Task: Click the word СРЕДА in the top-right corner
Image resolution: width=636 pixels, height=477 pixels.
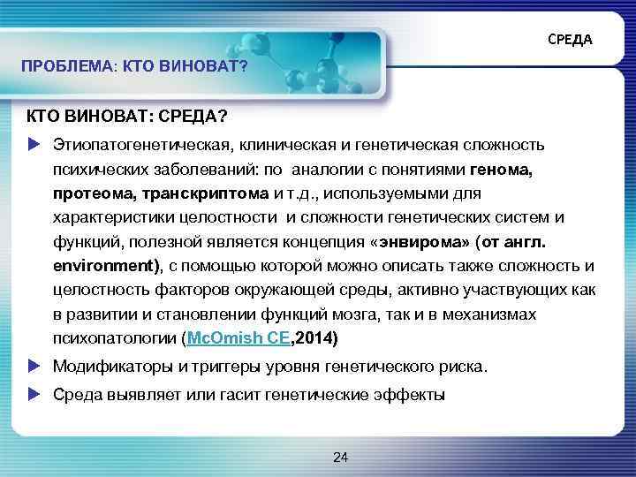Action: coord(570,41)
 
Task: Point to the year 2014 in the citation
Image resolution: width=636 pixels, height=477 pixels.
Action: coord(322,337)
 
